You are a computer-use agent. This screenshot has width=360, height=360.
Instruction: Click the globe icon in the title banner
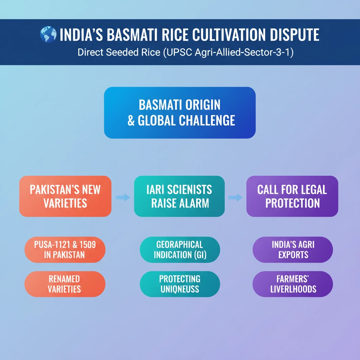48,34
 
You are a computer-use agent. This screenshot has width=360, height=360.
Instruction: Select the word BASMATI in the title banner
132,35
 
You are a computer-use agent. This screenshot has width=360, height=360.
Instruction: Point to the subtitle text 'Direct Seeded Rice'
119,52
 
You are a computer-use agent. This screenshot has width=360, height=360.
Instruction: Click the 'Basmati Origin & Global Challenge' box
180,112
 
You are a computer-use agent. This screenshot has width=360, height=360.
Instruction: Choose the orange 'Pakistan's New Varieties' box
65,196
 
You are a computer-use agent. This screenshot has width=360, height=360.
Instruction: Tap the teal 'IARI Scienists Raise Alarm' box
179,196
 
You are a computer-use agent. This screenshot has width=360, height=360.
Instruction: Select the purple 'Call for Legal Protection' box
292,196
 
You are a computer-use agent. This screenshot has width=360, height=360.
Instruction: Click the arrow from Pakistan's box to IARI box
123,197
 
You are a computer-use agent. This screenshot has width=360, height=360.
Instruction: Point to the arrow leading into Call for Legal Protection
235,197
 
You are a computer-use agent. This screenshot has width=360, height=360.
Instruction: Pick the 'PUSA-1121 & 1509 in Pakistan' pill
65,250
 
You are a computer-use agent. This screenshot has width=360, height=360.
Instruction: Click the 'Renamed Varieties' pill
65,284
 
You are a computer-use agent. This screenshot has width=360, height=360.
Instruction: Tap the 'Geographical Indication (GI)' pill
180,250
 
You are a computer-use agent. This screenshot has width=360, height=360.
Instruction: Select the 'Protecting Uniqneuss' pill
180,284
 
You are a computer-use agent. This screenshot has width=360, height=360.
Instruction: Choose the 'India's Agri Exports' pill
293,250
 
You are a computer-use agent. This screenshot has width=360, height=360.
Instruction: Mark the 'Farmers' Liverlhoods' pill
293,284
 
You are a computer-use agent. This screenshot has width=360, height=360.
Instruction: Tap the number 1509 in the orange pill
88,245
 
